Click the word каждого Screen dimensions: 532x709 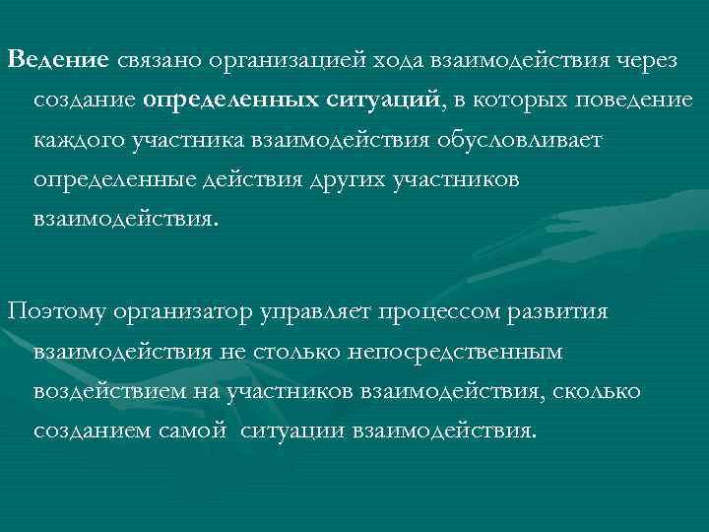81,142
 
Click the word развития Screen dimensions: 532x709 567,311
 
